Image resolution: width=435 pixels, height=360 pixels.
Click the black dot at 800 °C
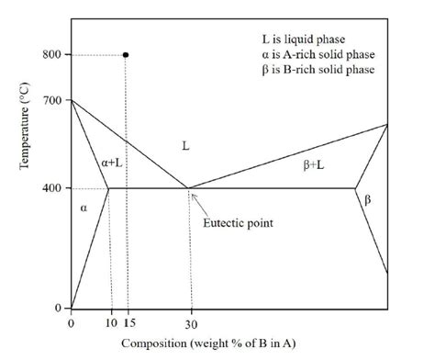(x=126, y=55)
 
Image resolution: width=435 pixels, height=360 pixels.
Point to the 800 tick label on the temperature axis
(x=51, y=54)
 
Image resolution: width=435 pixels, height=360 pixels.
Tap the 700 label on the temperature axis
(x=51, y=100)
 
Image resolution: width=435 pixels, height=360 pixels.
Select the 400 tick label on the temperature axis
(x=51, y=187)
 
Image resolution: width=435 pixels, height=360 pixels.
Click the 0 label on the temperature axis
(x=58, y=308)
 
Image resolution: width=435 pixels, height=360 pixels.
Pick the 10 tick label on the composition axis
(x=112, y=322)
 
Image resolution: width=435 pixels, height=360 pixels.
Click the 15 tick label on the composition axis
(x=129, y=322)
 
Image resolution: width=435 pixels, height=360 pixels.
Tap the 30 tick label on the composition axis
(x=191, y=324)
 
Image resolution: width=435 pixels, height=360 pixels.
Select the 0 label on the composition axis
(x=71, y=323)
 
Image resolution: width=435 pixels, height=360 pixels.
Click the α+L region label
(x=112, y=163)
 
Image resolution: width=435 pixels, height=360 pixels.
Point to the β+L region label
(x=314, y=165)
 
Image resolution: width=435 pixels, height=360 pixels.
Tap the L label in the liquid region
(x=185, y=146)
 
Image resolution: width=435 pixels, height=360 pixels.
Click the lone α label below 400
(x=84, y=208)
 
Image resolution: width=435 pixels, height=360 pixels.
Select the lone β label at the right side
(x=368, y=200)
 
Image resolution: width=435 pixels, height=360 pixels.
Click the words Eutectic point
(x=238, y=223)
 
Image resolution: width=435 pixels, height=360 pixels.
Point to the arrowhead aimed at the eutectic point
(x=193, y=196)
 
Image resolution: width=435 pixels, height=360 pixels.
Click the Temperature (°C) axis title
(x=24, y=126)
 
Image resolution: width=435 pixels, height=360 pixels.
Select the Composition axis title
(x=208, y=343)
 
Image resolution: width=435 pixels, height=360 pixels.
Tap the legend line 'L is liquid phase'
(x=304, y=39)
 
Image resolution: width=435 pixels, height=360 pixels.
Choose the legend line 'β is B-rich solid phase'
(x=318, y=70)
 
